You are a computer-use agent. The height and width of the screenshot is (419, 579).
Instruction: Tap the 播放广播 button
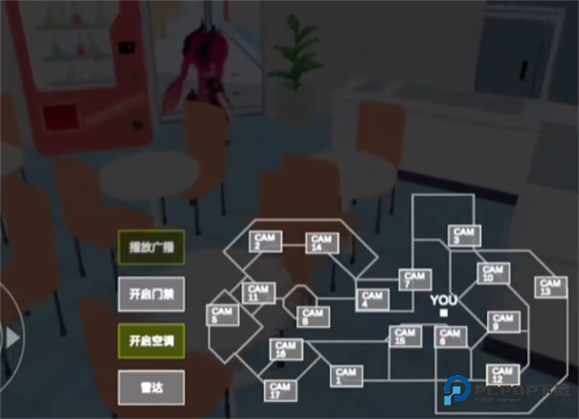[x=151, y=247]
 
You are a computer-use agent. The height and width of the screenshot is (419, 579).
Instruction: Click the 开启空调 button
[x=151, y=340]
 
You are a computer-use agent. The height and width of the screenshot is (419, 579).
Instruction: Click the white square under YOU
[x=443, y=313]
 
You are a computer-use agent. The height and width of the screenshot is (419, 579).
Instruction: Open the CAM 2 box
[x=264, y=241]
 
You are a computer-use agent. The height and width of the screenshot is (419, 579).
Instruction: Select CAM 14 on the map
[x=322, y=243]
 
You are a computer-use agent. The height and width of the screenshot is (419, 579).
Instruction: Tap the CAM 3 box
[x=463, y=234]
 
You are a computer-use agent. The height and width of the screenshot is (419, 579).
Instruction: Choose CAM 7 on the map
[x=413, y=280]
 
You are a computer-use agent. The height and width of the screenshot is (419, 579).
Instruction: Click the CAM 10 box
[x=493, y=273]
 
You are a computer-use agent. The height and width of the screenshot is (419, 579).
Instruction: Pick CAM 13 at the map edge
[x=549, y=287]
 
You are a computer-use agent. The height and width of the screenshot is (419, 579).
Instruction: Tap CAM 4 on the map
[x=372, y=299]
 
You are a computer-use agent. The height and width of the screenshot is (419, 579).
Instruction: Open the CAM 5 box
[x=223, y=316]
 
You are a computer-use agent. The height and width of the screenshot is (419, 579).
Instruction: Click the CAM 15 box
[x=405, y=336]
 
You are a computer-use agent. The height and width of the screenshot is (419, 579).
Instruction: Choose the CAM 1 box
[x=345, y=376]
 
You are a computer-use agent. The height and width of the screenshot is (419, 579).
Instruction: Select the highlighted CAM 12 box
[x=501, y=374]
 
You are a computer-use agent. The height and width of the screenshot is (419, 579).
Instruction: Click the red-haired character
[x=199, y=67]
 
